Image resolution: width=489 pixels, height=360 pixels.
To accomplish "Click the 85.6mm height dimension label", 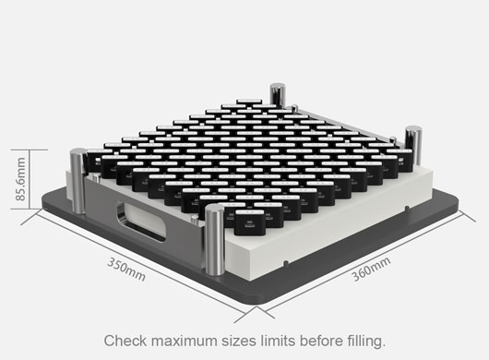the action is (20, 179).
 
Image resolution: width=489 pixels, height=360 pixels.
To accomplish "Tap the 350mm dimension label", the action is (126, 270).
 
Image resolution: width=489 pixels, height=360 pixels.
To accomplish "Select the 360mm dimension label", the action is (371, 269).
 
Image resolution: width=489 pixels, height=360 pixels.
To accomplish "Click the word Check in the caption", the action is (125, 341).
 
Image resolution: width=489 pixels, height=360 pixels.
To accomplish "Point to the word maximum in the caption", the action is (185, 341).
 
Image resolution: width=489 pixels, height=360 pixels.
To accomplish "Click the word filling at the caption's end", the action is (366, 341).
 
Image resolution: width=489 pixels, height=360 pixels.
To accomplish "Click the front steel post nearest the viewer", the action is (215, 240).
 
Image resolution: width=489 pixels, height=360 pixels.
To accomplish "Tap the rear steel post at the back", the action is (277, 94).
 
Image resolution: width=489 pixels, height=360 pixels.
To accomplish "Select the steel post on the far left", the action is (78, 181).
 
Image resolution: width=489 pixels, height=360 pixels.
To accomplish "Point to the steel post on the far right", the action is (413, 145).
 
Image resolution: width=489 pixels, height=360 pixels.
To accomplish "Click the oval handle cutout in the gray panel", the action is (140, 222).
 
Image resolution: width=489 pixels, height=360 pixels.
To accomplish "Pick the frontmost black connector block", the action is (249, 222).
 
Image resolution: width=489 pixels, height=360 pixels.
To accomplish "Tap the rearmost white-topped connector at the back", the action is (249, 102).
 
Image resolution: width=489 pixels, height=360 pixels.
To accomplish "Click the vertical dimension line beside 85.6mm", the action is (30, 179).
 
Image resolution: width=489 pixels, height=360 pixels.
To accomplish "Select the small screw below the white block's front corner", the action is (286, 263).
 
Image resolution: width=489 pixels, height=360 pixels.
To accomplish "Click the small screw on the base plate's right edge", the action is (407, 208).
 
